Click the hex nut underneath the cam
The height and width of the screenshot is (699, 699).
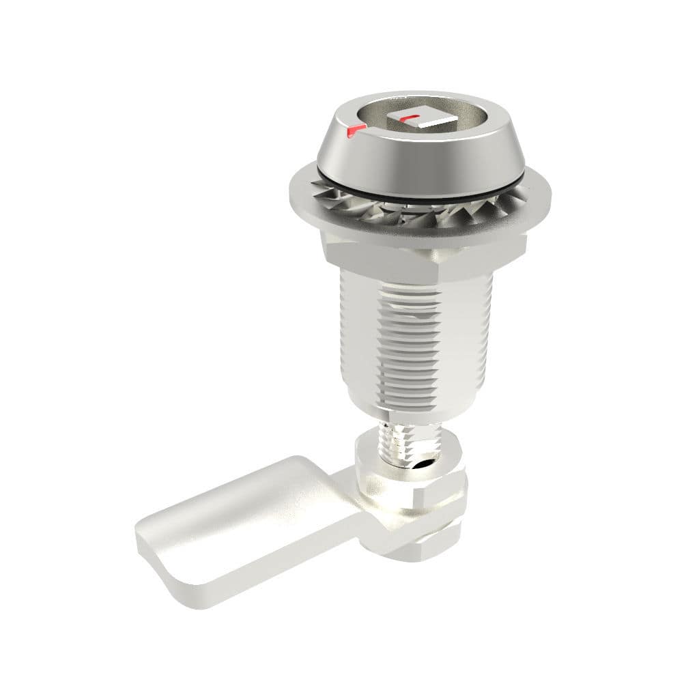pos(437,539)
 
